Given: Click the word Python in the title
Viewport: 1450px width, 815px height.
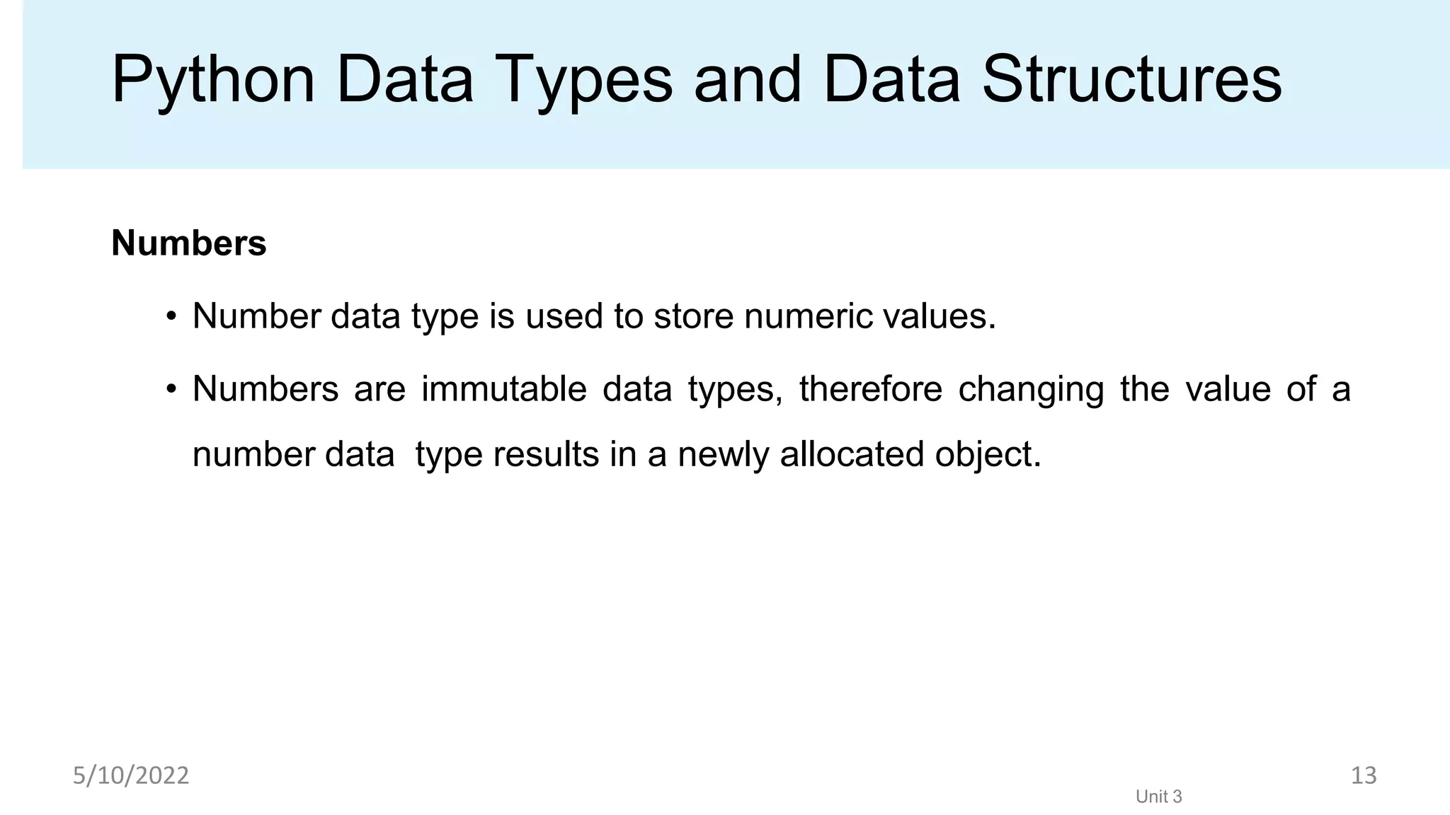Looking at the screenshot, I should click(x=212, y=81).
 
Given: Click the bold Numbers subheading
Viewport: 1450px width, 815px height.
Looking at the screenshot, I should click(x=189, y=243).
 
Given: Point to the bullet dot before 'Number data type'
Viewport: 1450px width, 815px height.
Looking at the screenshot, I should click(x=171, y=317).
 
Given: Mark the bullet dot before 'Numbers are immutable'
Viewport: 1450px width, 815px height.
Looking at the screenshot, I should click(x=171, y=390).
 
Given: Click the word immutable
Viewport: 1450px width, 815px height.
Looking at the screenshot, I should click(x=504, y=389).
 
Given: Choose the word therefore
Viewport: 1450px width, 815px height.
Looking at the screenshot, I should click(x=871, y=389).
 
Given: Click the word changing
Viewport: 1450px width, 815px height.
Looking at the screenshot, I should click(x=1031, y=391).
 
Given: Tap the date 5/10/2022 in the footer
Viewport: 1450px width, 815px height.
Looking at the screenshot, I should click(x=131, y=776).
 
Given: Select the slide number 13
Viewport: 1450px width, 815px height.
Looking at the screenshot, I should click(x=1364, y=775).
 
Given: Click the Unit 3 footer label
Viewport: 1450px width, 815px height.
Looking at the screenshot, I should click(x=1159, y=797).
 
